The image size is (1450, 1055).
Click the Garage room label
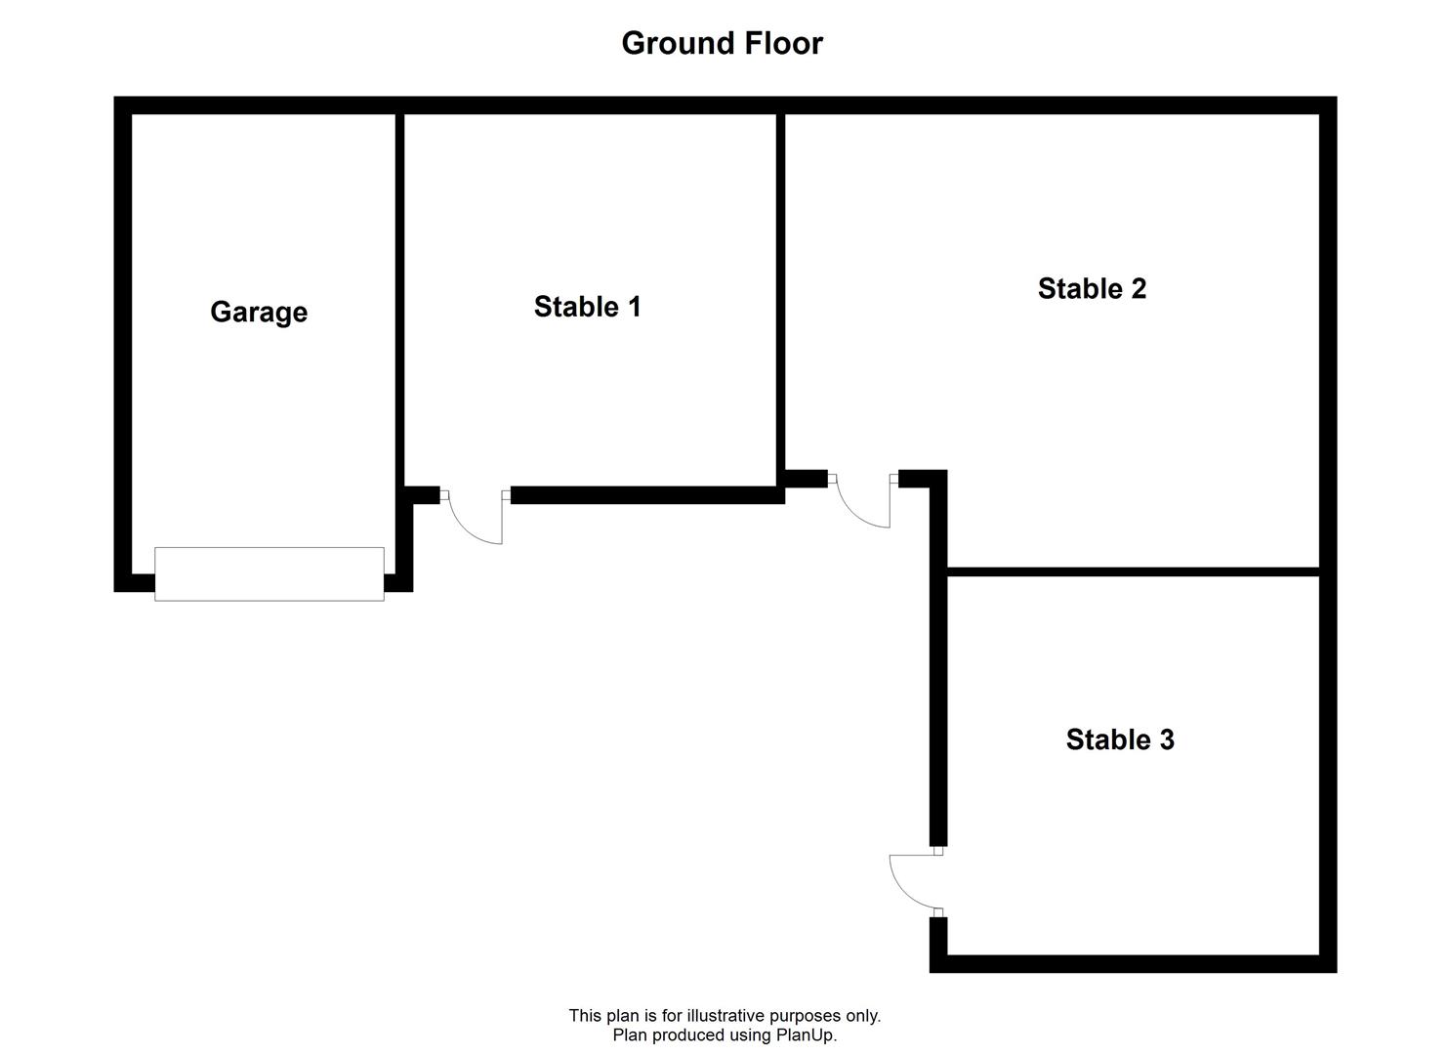point(259,313)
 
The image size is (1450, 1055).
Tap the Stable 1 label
point(587,307)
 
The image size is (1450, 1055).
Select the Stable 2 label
point(1092,288)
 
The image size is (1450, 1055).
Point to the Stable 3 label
point(1120,738)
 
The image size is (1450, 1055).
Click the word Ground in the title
point(678,43)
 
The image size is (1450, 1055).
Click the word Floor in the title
point(784,43)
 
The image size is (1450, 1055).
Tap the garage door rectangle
point(269,573)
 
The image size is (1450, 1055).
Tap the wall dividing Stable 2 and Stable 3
point(1134,571)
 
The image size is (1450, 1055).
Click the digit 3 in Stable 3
point(1167,738)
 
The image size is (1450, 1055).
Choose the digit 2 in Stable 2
point(1139,288)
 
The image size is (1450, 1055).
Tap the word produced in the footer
point(683,1034)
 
